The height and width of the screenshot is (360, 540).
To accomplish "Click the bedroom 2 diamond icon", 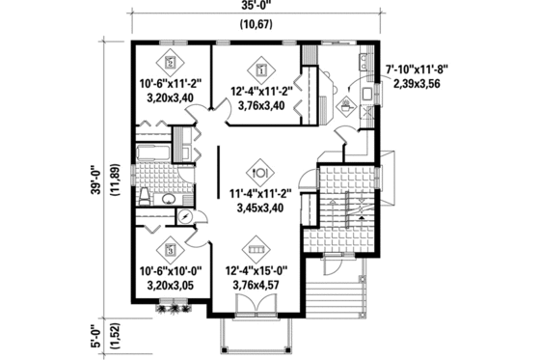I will (x=170, y=60).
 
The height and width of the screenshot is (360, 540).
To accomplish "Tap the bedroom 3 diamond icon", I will (x=170, y=246).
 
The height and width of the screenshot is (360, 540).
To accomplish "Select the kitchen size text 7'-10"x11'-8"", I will (x=417, y=69).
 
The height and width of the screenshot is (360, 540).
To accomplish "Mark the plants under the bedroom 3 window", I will (x=174, y=310).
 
